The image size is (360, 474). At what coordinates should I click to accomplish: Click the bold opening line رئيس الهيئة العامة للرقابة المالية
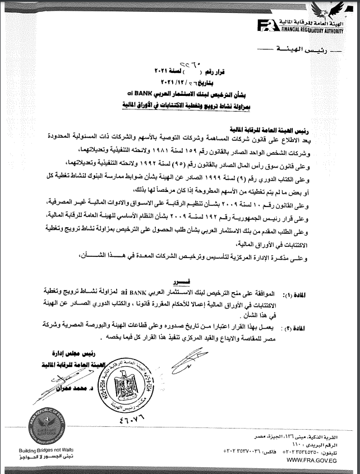297,128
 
